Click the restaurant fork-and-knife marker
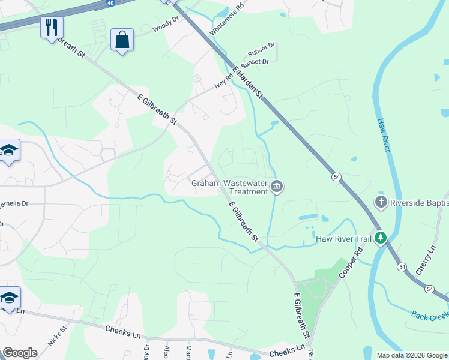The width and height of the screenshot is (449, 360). [x=52, y=27]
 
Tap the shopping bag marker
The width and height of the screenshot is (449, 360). [x=122, y=40]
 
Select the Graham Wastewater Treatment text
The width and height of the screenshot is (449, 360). [x=229, y=187]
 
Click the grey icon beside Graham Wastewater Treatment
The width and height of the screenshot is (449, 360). [x=277, y=187]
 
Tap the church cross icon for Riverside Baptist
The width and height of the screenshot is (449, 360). [x=380, y=202]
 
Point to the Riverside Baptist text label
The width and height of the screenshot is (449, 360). [x=419, y=203]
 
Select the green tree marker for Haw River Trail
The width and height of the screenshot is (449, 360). [x=379, y=238]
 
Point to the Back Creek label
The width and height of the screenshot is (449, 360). [x=430, y=315]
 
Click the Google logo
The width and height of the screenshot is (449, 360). [x=20, y=352]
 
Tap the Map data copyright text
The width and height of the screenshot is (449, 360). [x=412, y=355]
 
